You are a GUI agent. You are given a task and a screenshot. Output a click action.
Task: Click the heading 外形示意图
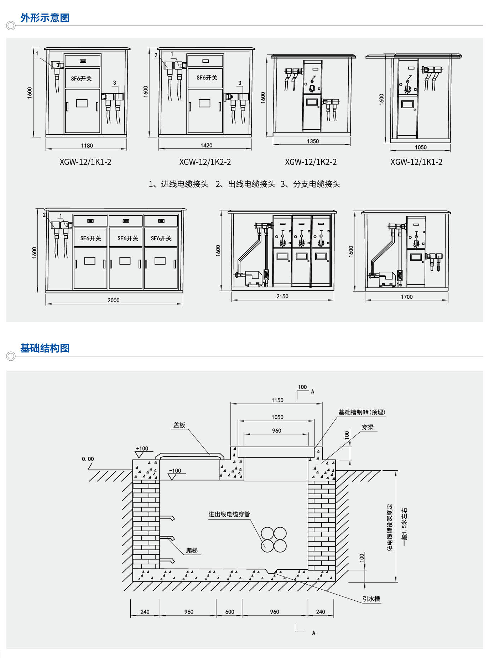(x=45, y=18)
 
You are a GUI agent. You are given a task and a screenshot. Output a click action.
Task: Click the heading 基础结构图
(x=45, y=348)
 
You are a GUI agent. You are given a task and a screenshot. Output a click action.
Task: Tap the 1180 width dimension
(x=87, y=146)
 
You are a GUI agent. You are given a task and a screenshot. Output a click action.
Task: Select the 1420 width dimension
(x=206, y=145)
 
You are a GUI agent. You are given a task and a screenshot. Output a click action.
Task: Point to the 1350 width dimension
(x=313, y=141)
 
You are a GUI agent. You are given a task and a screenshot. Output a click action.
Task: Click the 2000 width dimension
(x=114, y=300)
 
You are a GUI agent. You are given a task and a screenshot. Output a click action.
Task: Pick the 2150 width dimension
(x=282, y=296)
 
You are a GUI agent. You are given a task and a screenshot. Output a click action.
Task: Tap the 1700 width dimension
(x=407, y=297)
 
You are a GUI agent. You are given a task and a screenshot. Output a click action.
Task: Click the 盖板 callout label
(x=179, y=425)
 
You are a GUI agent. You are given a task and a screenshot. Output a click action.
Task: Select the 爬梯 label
(x=192, y=550)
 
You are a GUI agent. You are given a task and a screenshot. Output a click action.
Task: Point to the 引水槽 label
(x=371, y=599)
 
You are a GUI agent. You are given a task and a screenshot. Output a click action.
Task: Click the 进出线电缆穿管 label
(x=229, y=514)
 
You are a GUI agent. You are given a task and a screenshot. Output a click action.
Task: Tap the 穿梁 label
(x=368, y=427)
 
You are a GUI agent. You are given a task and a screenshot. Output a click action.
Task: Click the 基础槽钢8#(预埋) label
(x=362, y=412)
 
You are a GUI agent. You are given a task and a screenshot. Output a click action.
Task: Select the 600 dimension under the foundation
(x=230, y=612)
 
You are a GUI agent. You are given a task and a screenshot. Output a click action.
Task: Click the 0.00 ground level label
(x=88, y=459)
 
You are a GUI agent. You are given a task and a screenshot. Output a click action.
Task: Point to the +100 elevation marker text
(x=142, y=449)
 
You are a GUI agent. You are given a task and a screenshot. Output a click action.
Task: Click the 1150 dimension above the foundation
(x=277, y=400)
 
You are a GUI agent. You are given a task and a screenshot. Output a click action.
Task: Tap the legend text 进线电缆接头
(x=184, y=184)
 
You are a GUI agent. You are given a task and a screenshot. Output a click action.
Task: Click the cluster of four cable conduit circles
(x=274, y=540)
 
